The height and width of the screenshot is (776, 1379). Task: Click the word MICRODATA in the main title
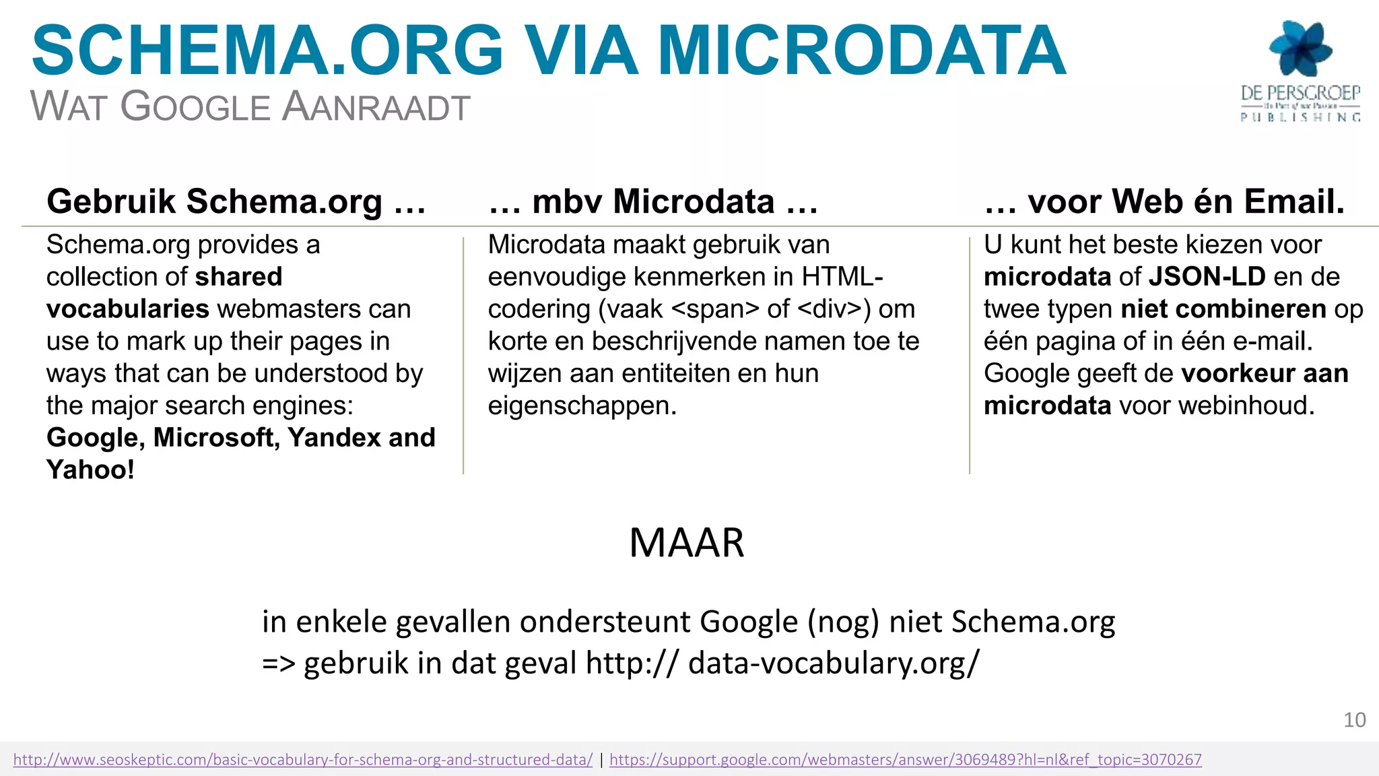[x=861, y=51]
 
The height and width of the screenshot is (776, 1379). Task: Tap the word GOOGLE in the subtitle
[x=195, y=107]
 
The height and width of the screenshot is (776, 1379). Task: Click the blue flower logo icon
[x=1300, y=48]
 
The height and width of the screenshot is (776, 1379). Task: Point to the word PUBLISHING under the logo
[x=1300, y=117]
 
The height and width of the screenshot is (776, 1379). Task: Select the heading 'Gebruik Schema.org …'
[x=236, y=201]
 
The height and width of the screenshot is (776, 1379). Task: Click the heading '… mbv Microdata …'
[x=653, y=201]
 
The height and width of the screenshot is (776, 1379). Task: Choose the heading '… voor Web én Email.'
[x=1164, y=201]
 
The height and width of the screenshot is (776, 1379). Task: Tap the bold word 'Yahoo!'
[x=90, y=470]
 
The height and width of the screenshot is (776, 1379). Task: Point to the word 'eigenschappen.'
[x=582, y=406]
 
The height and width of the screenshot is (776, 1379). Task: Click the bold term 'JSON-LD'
[x=1207, y=277]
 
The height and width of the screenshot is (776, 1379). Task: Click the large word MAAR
[x=686, y=543]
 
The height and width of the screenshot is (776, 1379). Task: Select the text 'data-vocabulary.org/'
[x=834, y=663]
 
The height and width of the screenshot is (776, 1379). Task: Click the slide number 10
[x=1354, y=720]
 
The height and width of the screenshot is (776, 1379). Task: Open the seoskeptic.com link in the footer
[x=303, y=760]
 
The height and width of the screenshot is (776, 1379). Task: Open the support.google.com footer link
[x=905, y=760]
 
